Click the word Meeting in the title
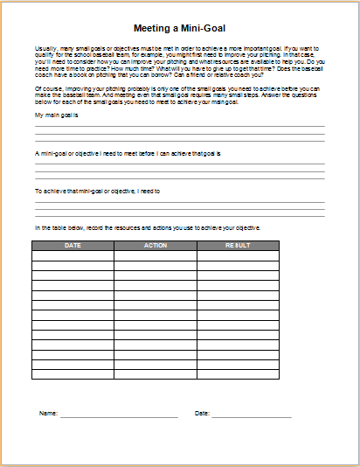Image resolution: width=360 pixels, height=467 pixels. coord(152,28)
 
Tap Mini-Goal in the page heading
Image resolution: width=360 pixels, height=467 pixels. coord(203,28)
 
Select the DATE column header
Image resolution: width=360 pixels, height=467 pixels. coord(73,246)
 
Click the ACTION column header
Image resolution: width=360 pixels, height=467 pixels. coord(155,246)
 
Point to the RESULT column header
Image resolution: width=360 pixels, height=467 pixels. coord(237,246)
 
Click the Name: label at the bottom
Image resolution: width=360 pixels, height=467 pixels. coord(47,413)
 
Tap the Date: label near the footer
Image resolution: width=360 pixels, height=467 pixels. coord(202,413)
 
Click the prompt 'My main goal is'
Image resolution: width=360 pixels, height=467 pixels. coord(56,115)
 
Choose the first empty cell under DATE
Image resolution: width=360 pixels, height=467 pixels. coord(73,255)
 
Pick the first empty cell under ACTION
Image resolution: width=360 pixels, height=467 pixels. coord(155,255)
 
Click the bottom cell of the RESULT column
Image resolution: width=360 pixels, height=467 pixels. coord(237,374)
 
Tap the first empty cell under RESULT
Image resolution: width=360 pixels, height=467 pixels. coord(237,255)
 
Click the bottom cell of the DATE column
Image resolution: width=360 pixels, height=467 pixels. coord(73,374)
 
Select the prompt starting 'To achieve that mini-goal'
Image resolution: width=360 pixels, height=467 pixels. coord(97,190)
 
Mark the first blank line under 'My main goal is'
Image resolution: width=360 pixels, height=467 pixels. coord(179,126)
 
